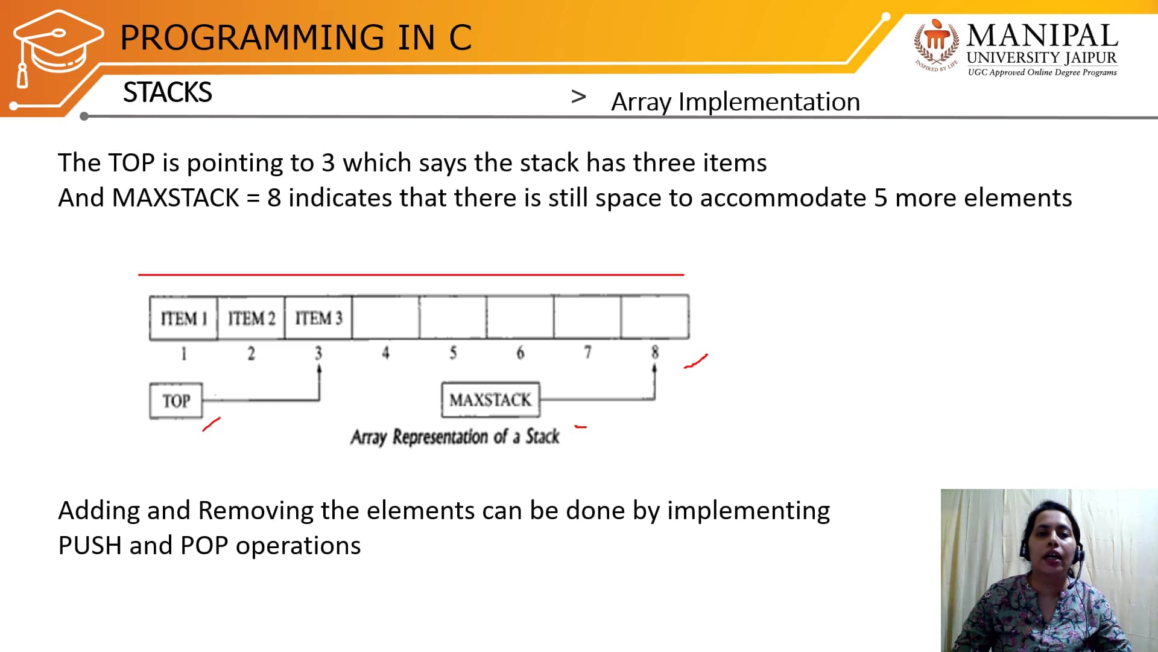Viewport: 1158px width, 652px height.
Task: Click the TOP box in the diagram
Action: (x=176, y=400)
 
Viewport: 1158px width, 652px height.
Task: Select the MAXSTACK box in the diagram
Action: (x=490, y=400)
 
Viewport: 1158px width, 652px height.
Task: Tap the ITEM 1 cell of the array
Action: (x=183, y=318)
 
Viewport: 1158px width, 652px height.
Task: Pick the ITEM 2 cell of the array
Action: (x=251, y=318)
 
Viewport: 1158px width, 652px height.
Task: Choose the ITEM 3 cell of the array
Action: (x=318, y=318)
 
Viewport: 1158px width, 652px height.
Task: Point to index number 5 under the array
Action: (x=453, y=353)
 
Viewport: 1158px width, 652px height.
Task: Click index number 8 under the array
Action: (x=655, y=352)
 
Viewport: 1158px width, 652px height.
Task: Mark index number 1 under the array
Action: (x=184, y=353)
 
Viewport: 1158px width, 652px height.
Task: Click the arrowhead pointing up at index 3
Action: (x=319, y=368)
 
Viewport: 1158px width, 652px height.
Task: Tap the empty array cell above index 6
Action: (x=520, y=316)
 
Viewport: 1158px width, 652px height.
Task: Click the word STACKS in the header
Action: (x=168, y=92)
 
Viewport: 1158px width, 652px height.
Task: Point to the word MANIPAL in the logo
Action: (x=1042, y=36)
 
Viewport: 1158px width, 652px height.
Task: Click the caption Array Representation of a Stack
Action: (x=455, y=436)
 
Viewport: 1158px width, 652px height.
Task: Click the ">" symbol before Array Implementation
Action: (x=578, y=97)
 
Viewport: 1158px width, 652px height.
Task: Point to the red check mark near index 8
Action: (x=695, y=362)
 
